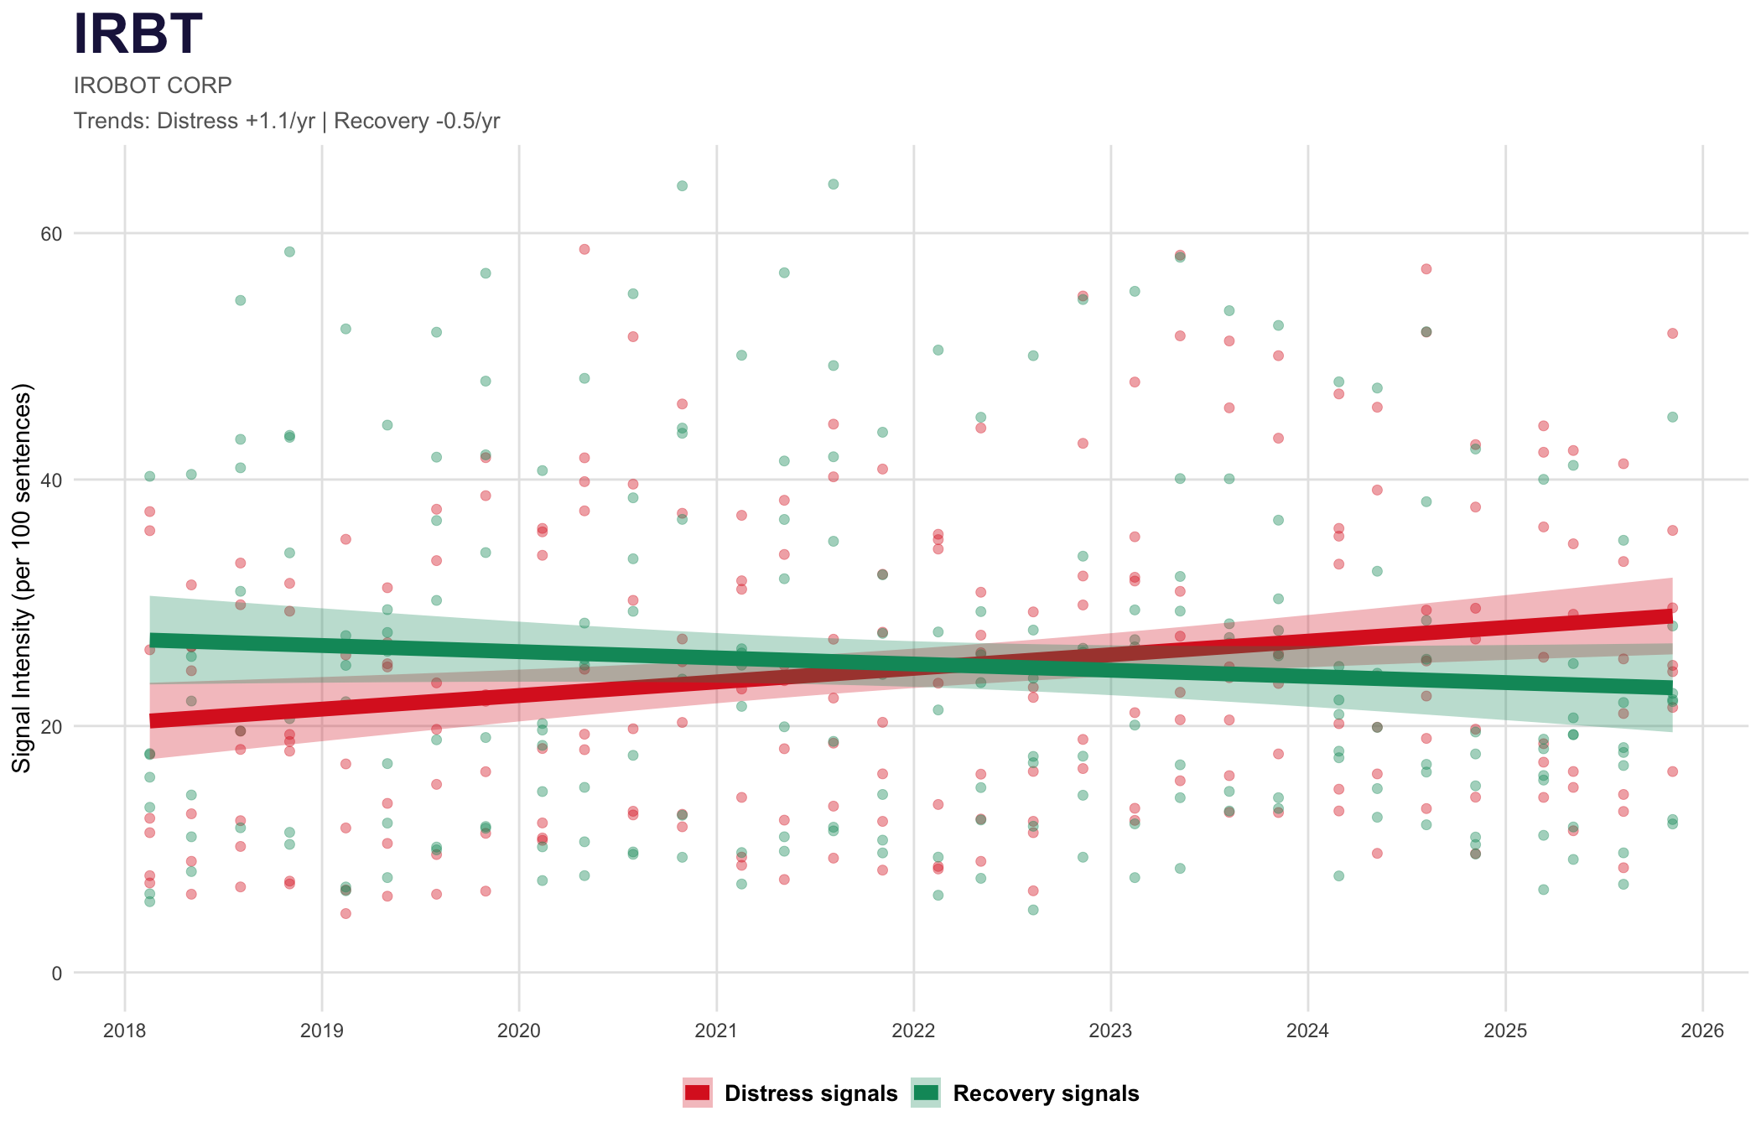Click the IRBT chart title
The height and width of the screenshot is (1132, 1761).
click(138, 35)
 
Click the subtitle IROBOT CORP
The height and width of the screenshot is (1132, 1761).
click(153, 86)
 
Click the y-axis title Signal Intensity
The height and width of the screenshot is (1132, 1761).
click(23, 579)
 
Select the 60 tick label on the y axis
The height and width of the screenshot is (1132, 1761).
click(52, 233)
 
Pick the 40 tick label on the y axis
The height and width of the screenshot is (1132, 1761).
click(52, 480)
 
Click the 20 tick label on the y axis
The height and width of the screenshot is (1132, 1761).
click(52, 726)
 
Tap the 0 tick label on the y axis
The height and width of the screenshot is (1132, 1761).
click(57, 973)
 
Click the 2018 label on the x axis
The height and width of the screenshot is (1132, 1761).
click(125, 1031)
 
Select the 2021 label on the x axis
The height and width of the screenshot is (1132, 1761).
click(716, 1031)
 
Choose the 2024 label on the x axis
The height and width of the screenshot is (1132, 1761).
click(1308, 1031)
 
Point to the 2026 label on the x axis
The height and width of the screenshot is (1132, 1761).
click(1702, 1031)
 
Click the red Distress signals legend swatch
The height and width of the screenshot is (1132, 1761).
click(697, 1093)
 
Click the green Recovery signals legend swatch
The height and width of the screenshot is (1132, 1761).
click(926, 1093)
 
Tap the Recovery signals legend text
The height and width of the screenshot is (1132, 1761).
click(1046, 1093)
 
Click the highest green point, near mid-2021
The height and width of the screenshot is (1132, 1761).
click(834, 184)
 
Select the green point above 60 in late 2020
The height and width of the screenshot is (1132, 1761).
click(683, 186)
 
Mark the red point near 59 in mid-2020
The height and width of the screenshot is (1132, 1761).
click(584, 249)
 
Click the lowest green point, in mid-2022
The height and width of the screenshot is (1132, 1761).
click(1033, 910)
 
